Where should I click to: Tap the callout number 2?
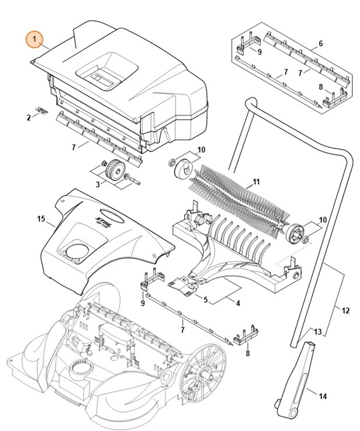tap(28, 118)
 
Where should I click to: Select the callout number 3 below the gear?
tap(97, 185)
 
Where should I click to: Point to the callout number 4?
tap(237, 302)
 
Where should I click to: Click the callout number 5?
tap(205, 299)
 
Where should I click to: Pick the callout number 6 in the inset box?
tap(320, 44)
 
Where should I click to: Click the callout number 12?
tap(345, 310)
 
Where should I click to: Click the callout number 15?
tap(41, 218)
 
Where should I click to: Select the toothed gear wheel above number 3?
tap(112, 174)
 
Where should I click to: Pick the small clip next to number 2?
tap(41, 109)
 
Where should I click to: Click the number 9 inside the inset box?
tap(259, 52)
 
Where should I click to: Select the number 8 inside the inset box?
tap(320, 87)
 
